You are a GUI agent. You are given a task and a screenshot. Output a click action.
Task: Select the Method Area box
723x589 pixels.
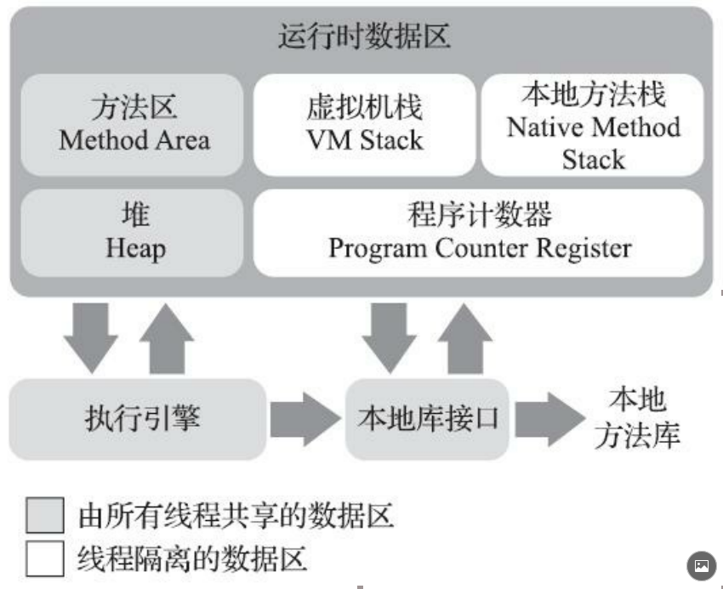coord(134,126)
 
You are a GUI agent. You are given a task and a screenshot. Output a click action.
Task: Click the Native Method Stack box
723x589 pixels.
coord(593,126)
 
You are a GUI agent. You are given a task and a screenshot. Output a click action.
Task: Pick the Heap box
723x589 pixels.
coord(134,232)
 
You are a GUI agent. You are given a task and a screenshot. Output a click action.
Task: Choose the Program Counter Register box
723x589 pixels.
coord(479,232)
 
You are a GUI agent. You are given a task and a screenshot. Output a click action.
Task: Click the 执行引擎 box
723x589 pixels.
coord(138,418)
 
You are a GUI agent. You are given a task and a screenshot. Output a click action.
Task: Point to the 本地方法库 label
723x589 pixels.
coord(637,418)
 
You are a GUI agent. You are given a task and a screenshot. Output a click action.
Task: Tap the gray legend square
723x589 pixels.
coord(45,516)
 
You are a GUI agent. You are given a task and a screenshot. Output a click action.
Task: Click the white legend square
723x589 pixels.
coord(45,558)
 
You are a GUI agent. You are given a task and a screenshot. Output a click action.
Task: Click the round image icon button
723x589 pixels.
coord(701,565)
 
